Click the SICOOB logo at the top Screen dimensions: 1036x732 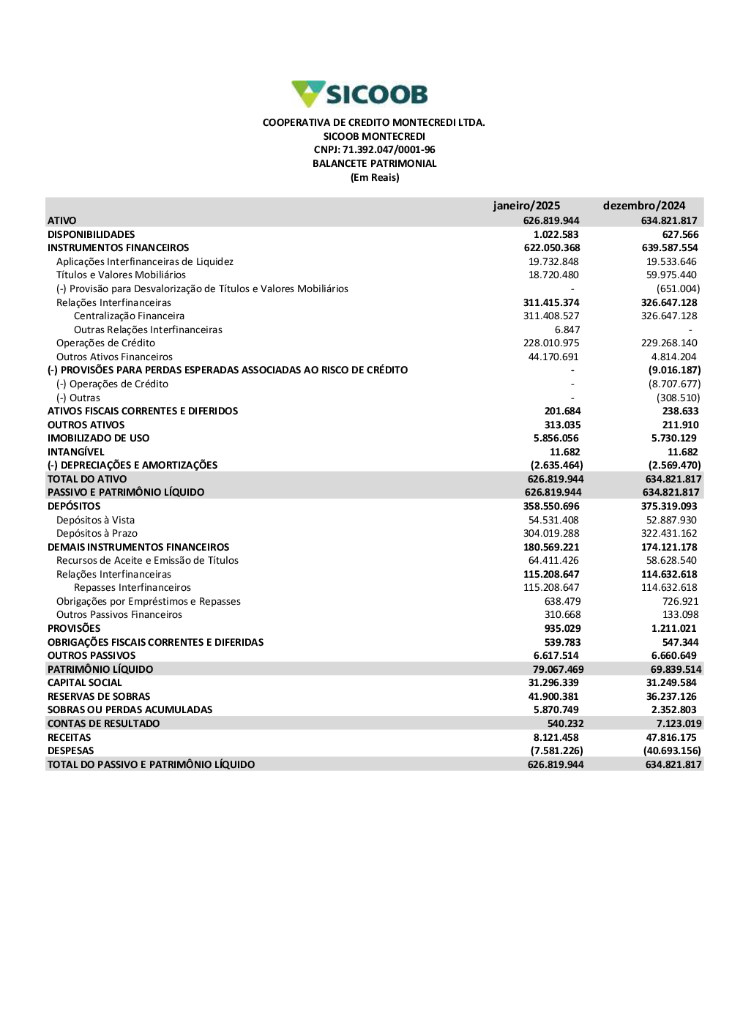[x=359, y=94]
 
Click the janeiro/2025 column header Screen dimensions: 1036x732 [x=526, y=206]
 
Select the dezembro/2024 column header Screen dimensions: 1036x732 [x=644, y=206]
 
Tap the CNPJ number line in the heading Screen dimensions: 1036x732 [x=374, y=150]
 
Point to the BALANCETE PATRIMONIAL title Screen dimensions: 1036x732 [x=374, y=164]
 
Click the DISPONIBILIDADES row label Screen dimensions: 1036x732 [x=91, y=235]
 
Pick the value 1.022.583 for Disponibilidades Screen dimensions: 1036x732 [x=556, y=235]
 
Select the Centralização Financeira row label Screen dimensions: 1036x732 [x=129, y=316]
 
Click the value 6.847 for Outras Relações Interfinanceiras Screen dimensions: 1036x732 [x=567, y=330]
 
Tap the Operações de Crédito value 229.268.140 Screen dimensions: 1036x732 [x=669, y=343]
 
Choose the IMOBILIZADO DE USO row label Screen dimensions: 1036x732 [x=98, y=439]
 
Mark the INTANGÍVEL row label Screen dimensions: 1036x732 [x=76, y=452]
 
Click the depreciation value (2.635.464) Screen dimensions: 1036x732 [x=556, y=466]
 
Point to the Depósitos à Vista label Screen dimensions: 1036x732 [x=95, y=521]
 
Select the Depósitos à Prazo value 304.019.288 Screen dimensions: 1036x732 [x=550, y=534]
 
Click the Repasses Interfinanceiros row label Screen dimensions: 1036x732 [x=132, y=588]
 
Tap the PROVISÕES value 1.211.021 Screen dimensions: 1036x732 [x=673, y=629]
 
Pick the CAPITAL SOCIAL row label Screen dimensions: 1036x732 [x=85, y=683]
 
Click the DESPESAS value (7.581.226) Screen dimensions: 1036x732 [x=556, y=751]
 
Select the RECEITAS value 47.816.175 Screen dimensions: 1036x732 [x=671, y=738]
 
